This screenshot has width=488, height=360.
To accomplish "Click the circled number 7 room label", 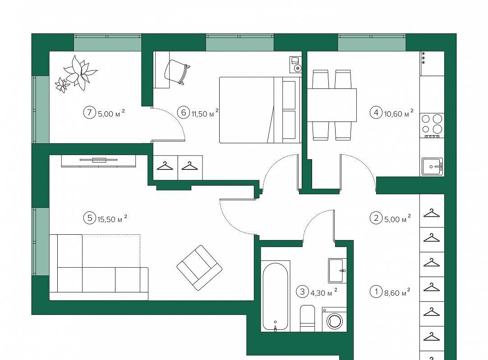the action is pos(90,112).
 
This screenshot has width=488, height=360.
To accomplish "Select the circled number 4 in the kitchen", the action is pos(376,112).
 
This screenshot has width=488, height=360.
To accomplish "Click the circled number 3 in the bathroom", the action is pos(302,292).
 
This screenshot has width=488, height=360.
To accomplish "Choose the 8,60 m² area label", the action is pos(397,292).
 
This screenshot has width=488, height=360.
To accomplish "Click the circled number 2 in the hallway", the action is pos(376,218).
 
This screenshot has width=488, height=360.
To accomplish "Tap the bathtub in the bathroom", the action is pos(275,296).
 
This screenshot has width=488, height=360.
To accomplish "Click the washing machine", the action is pos(334,319).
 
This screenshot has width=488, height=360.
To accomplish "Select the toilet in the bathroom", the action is pos(308,318).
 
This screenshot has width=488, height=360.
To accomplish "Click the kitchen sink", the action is pos(432,167).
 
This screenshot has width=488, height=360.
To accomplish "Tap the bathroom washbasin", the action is pos(337,270).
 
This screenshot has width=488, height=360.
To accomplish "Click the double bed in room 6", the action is pos(260,110).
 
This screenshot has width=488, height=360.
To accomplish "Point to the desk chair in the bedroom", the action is pos(177,72).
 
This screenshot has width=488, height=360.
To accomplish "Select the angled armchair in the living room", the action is pos(199,268).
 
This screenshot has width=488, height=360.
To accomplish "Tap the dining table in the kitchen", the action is pos(332,105).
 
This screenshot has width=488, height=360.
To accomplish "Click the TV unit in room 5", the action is pos(99,161).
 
